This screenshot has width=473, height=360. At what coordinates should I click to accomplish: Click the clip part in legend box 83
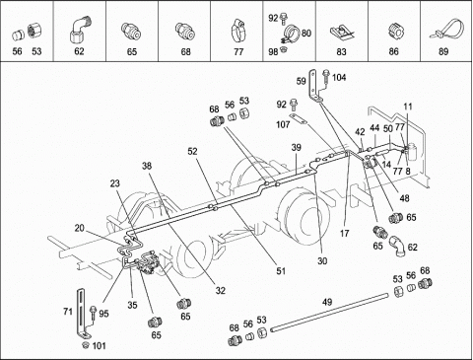(342, 33)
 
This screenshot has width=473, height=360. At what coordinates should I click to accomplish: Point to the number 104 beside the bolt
(339, 78)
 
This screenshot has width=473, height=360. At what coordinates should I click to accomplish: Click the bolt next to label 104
(326, 78)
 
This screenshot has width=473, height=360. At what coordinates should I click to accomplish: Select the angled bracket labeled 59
(314, 85)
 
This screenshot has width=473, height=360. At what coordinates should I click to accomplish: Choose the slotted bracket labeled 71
(82, 313)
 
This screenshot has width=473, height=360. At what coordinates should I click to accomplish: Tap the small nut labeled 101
(86, 345)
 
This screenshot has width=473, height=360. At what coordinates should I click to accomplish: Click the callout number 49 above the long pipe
(327, 302)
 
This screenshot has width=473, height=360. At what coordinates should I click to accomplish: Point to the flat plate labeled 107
(299, 118)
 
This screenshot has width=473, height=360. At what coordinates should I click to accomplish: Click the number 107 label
(283, 124)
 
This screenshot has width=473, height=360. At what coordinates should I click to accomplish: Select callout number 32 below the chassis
(221, 290)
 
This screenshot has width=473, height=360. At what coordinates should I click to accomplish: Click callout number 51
(281, 271)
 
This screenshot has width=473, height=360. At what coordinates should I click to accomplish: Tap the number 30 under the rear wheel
(322, 260)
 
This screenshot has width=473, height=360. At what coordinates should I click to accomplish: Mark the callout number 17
(344, 234)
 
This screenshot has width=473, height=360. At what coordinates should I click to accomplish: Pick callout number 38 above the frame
(147, 166)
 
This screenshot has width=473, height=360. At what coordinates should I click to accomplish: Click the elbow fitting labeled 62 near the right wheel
(397, 246)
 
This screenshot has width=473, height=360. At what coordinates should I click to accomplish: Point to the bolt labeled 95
(94, 314)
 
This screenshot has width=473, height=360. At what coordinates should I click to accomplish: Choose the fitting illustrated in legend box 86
(393, 33)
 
